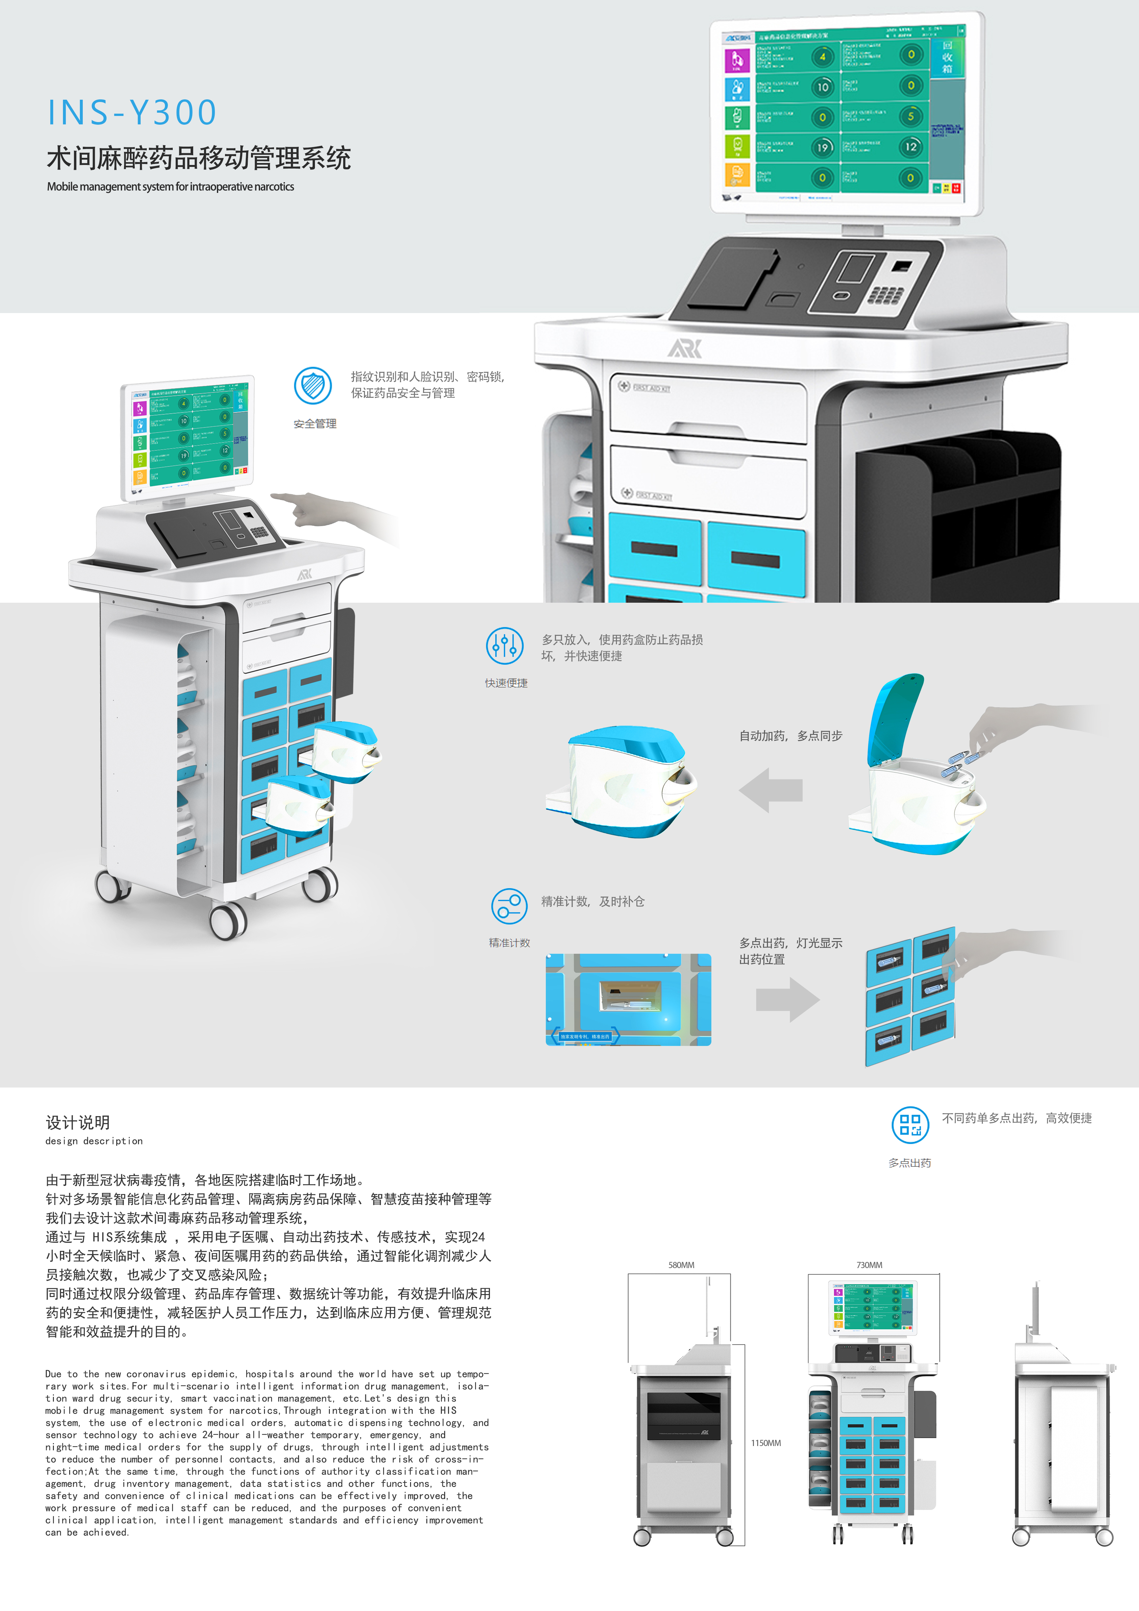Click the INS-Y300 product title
coord(132,112)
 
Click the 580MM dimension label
coord(681,1265)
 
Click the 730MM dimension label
coord(869,1265)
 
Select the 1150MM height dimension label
coord(766,1442)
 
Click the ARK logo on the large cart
coord(684,348)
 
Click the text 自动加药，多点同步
coord(790,735)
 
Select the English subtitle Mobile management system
coord(170,187)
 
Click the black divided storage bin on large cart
coord(958,512)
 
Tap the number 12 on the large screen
coord(910,147)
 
